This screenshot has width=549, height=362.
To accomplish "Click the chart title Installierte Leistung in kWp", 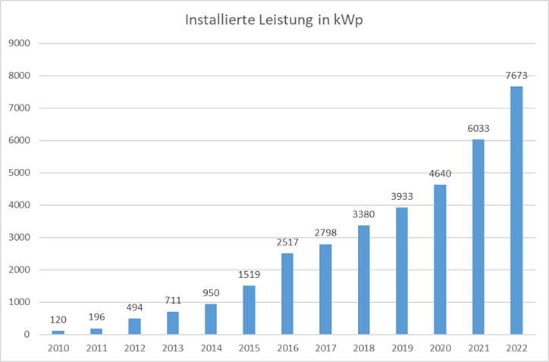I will pos(274,20).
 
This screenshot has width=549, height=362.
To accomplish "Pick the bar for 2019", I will pos(402,271).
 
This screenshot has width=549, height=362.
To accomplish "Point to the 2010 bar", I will pos(58,332).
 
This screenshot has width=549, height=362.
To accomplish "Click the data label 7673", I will pos(516,76).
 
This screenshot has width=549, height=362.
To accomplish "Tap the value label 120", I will pos(58,320).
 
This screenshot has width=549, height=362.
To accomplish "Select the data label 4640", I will pos(440,173).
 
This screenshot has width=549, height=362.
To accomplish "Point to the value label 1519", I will pos(249,275).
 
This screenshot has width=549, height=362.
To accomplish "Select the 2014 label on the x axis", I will pos(211,348).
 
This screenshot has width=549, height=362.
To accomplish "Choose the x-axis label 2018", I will pos(364,348).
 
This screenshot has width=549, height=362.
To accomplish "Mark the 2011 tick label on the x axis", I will pos(96,348).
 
